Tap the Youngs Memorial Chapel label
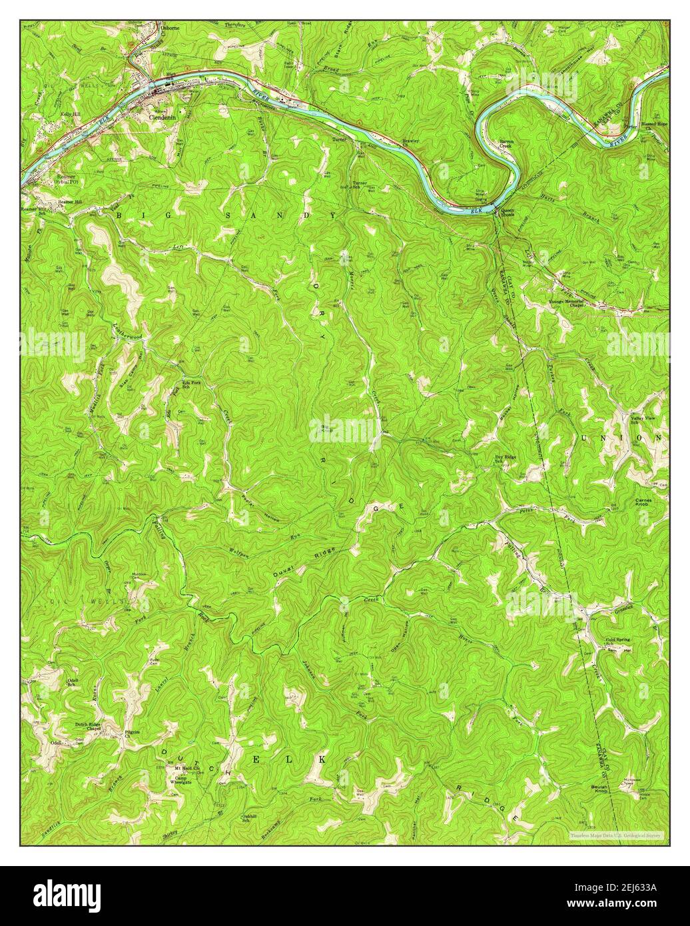click(567, 304)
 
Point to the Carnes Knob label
click(646, 502)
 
